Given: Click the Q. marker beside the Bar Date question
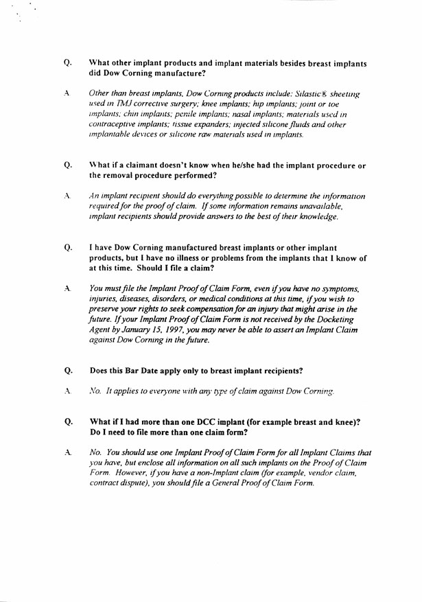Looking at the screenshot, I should pos(68,371).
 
